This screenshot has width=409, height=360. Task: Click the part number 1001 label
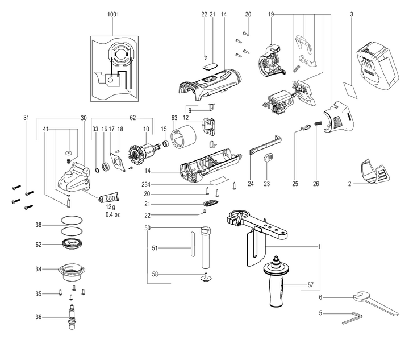click(x=112, y=13)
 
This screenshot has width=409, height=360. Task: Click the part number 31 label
click(x=26, y=118)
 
